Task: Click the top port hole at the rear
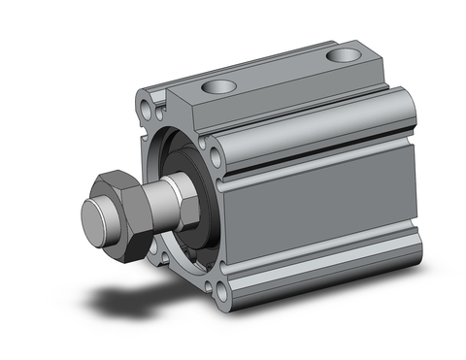click(x=344, y=54)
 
